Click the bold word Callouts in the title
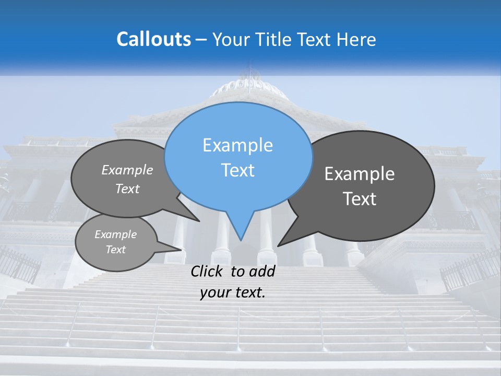[153, 39]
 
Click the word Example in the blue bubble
[237, 145]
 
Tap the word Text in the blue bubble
[237, 170]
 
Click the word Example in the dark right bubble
[360, 174]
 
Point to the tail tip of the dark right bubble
[279, 245]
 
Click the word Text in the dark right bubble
[360, 199]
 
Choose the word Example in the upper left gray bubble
[127, 170]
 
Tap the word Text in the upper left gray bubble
[127, 189]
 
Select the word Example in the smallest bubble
[116, 234]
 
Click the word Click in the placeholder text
[208, 272]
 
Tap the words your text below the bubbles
[233, 292]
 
